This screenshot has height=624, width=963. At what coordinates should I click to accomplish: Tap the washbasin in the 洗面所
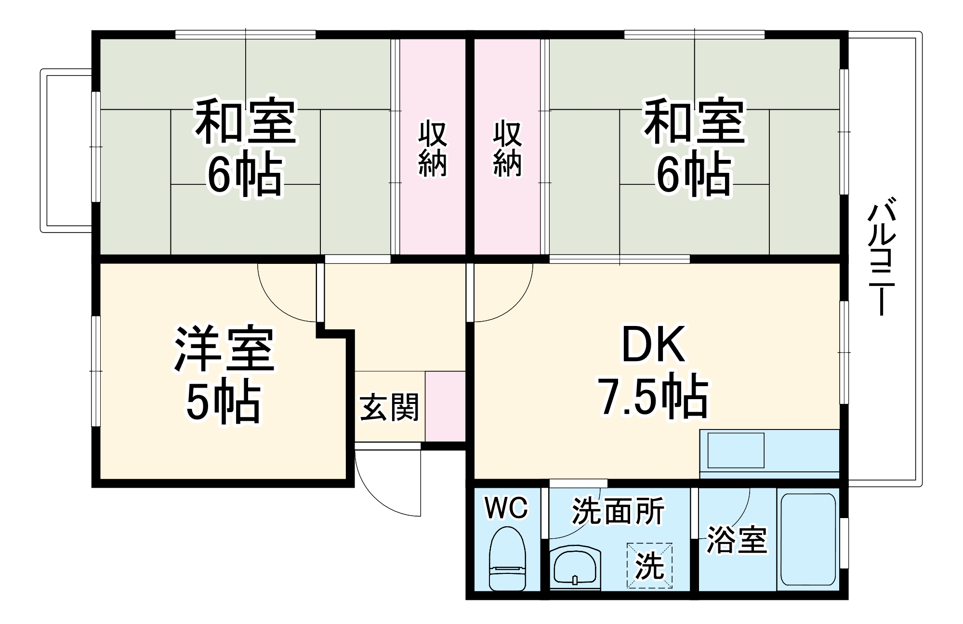click(x=575, y=568)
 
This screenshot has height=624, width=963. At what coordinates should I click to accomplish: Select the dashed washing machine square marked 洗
click(x=649, y=565)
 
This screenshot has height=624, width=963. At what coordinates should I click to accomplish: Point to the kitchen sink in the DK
click(x=735, y=450)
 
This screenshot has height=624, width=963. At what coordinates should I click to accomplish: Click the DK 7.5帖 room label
click(x=653, y=371)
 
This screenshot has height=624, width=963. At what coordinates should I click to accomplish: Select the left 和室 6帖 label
click(x=245, y=147)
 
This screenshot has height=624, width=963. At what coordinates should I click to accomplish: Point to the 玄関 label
click(x=389, y=407)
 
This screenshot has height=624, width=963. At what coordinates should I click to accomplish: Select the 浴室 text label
click(x=736, y=540)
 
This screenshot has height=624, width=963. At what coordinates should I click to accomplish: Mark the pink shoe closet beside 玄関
click(x=445, y=406)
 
